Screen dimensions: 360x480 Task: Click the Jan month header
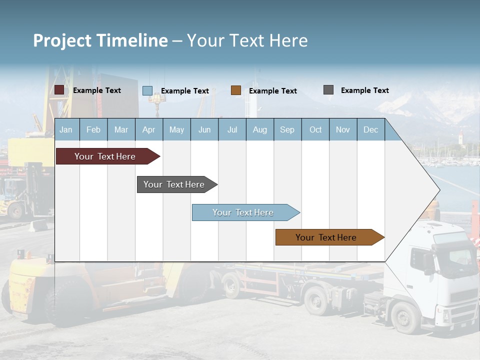66,129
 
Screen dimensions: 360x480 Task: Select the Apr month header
148,129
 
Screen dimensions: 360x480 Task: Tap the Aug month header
259,129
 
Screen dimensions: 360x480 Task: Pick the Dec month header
370,129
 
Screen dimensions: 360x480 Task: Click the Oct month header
315,129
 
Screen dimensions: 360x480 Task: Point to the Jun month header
204,129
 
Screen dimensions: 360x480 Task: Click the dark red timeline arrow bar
105,156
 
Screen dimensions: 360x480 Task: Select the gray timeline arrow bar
174,184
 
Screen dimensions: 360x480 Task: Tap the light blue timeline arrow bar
243,212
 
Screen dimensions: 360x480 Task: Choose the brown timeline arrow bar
326,237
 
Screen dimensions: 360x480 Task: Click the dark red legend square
59,90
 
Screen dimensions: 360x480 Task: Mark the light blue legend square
147,90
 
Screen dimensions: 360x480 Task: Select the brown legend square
236,90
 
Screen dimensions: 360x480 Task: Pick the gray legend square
328,90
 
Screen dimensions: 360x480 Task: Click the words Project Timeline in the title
100,40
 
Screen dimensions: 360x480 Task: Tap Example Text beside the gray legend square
364,90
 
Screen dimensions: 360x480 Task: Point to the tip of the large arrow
438,190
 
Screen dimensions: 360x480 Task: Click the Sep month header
287,129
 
